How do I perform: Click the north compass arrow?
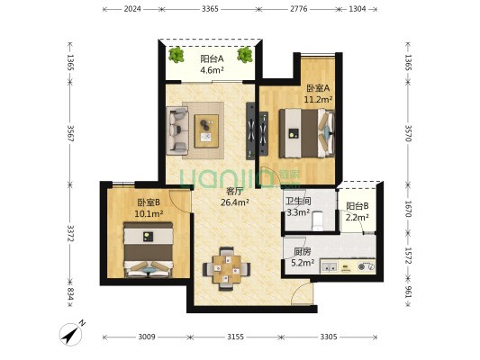[x=71, y=334]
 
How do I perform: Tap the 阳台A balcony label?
[x=212, y=58]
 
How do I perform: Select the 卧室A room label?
[x=319, y=88]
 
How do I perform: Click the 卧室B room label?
[x=149, y=202]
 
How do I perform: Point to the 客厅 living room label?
[x=234, y=192]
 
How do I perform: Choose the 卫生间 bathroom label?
[x=298, y=202]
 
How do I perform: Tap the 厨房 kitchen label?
[x=303, y=252]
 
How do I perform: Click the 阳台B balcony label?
[x=358, y=206]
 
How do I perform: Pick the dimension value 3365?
[x=211, y=9]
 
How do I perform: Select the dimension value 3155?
[x=235, y=337]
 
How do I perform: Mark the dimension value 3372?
[x=70, y=233]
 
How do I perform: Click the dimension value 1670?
[x=408, y=209]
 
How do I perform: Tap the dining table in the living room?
[x=227, y=269]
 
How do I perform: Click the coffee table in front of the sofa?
[x=206, y=130]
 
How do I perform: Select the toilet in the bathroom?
[x=317, y=220]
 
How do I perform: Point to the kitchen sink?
[x=329, y=266]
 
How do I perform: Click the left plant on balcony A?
[x=176, y=55]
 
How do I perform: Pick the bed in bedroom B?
[x=149, y=250]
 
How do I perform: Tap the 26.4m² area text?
[x=234, y=202]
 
